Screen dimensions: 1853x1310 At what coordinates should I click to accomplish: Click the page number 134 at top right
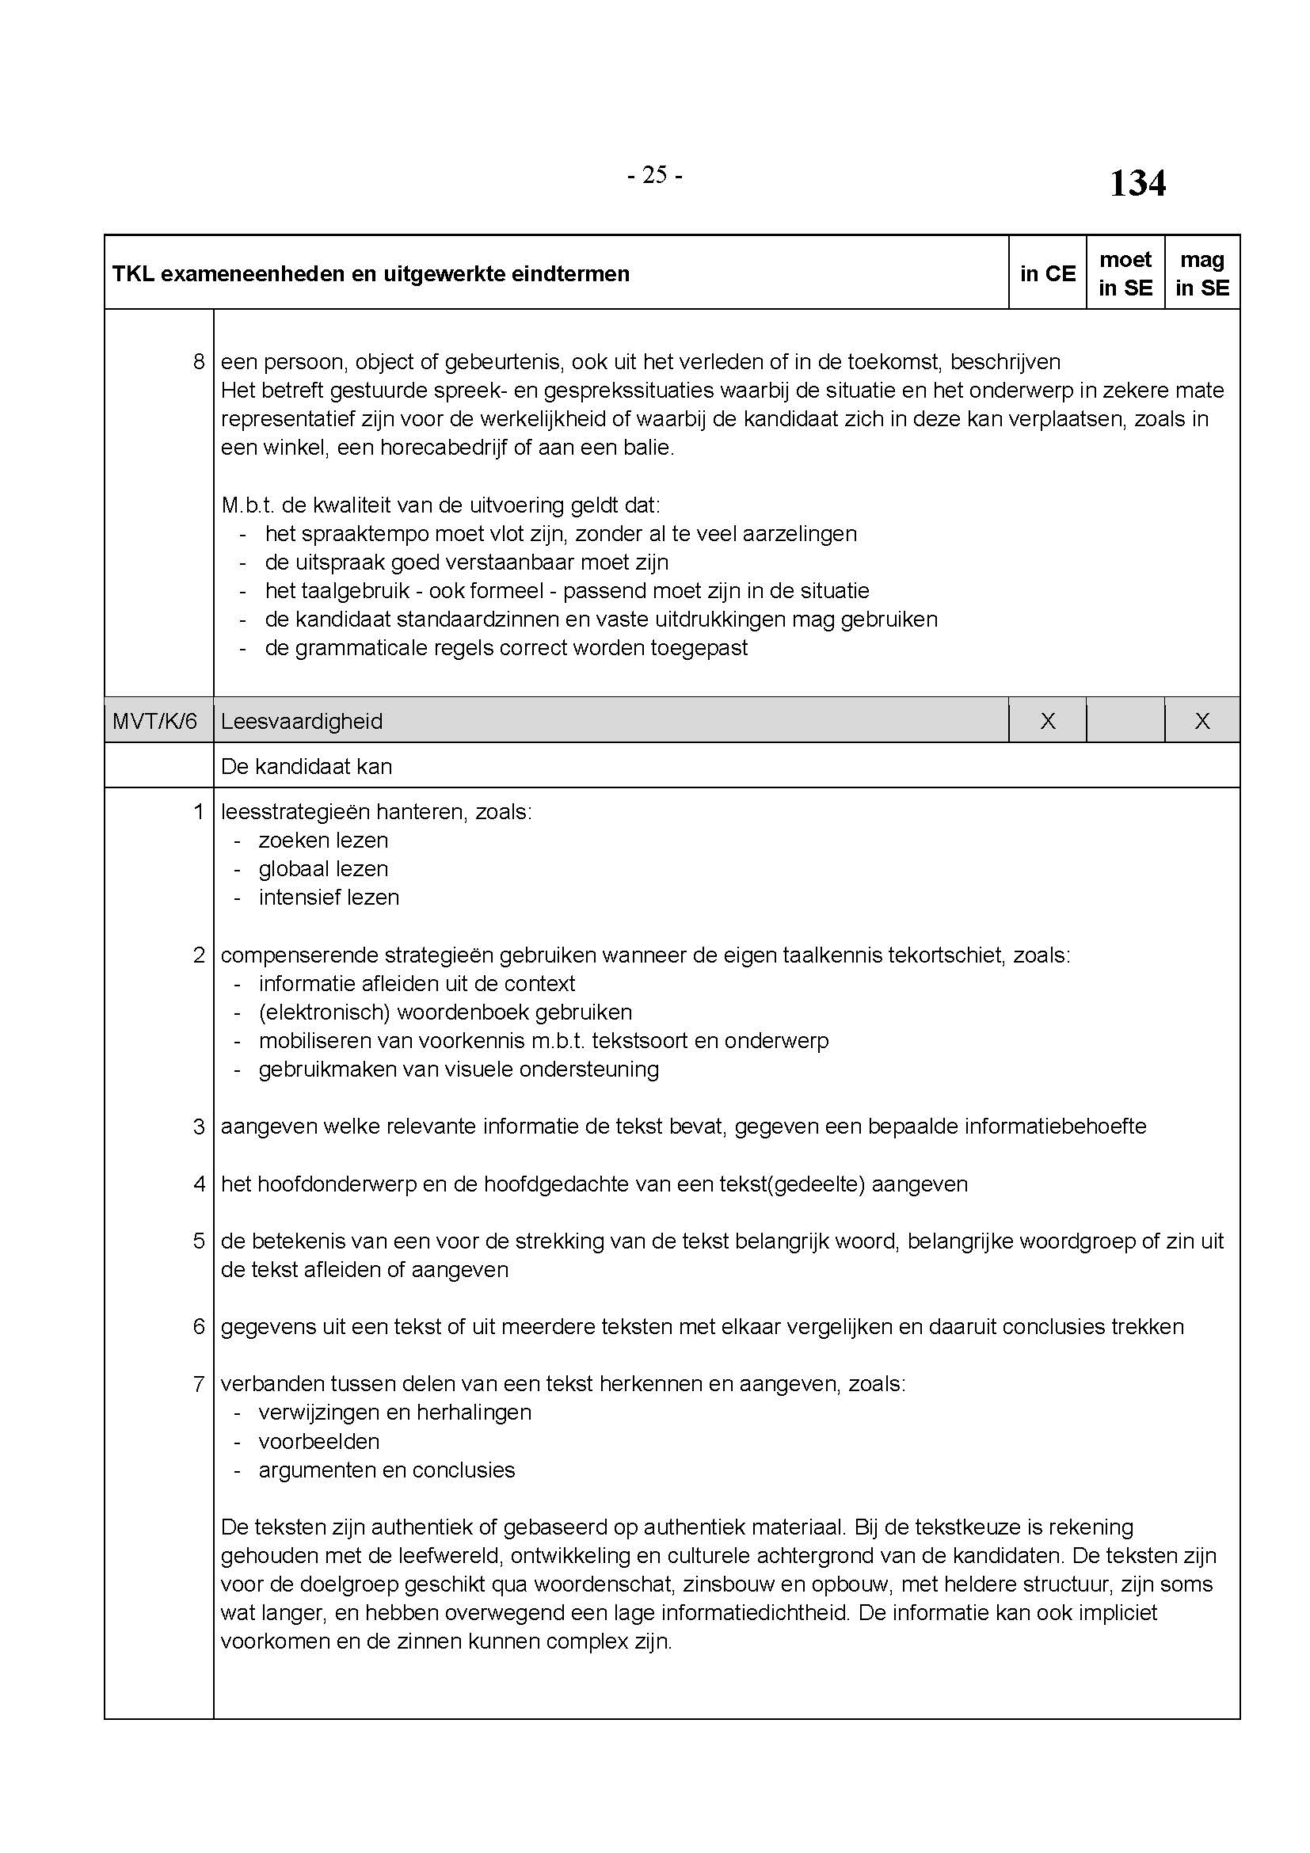coord(1137,183)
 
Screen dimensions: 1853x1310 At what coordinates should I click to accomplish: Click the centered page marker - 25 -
coord(654,175)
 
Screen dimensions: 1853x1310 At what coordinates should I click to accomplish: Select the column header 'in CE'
coord(1047,273)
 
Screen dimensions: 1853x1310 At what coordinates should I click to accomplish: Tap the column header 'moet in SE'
coord(1125,273)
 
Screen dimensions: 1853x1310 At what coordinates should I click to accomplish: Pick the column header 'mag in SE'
coord(1202,273)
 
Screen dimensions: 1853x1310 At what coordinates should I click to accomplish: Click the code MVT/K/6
coord(154,721)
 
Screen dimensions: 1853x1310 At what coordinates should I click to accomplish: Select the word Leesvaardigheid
coord(302,721)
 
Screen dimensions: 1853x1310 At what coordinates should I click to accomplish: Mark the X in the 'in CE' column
coord(1047,721)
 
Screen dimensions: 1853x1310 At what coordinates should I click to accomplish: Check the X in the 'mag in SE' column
coord(1202,721)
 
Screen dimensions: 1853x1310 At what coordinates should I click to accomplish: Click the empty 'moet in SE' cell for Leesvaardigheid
coord(1125,721)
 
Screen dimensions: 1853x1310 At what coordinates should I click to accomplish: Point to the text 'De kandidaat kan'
coord(307,766)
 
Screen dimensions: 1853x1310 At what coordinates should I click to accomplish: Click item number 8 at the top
coord(199,361)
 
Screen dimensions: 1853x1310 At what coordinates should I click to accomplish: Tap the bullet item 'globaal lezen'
coord(323,868)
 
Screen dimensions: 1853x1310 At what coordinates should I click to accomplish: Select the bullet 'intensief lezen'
coord(329,897)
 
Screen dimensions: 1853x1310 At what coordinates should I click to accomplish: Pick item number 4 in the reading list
coord(199,1184)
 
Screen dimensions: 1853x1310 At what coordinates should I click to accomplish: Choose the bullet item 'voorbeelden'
coord(318,1440)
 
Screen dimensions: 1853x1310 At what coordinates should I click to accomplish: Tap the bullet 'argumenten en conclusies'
coord(387,1470)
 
